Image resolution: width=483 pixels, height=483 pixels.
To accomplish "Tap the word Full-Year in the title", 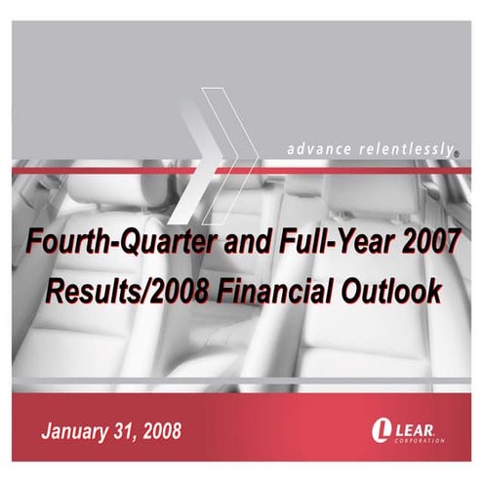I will tap(321, 244).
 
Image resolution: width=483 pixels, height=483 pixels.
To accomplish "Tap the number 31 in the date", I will tap(122, 430).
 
